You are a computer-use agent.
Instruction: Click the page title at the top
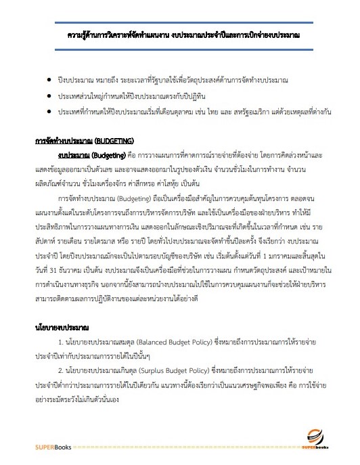[184, 33]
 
